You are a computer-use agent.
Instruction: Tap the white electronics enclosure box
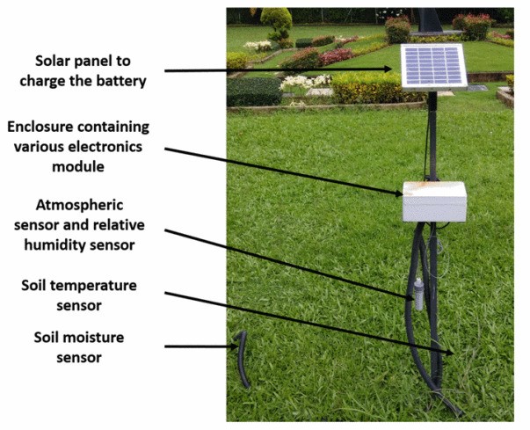[434, 201]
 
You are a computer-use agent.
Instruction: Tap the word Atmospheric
[77, 205]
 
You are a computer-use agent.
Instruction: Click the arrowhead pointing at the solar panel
[394, 69]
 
